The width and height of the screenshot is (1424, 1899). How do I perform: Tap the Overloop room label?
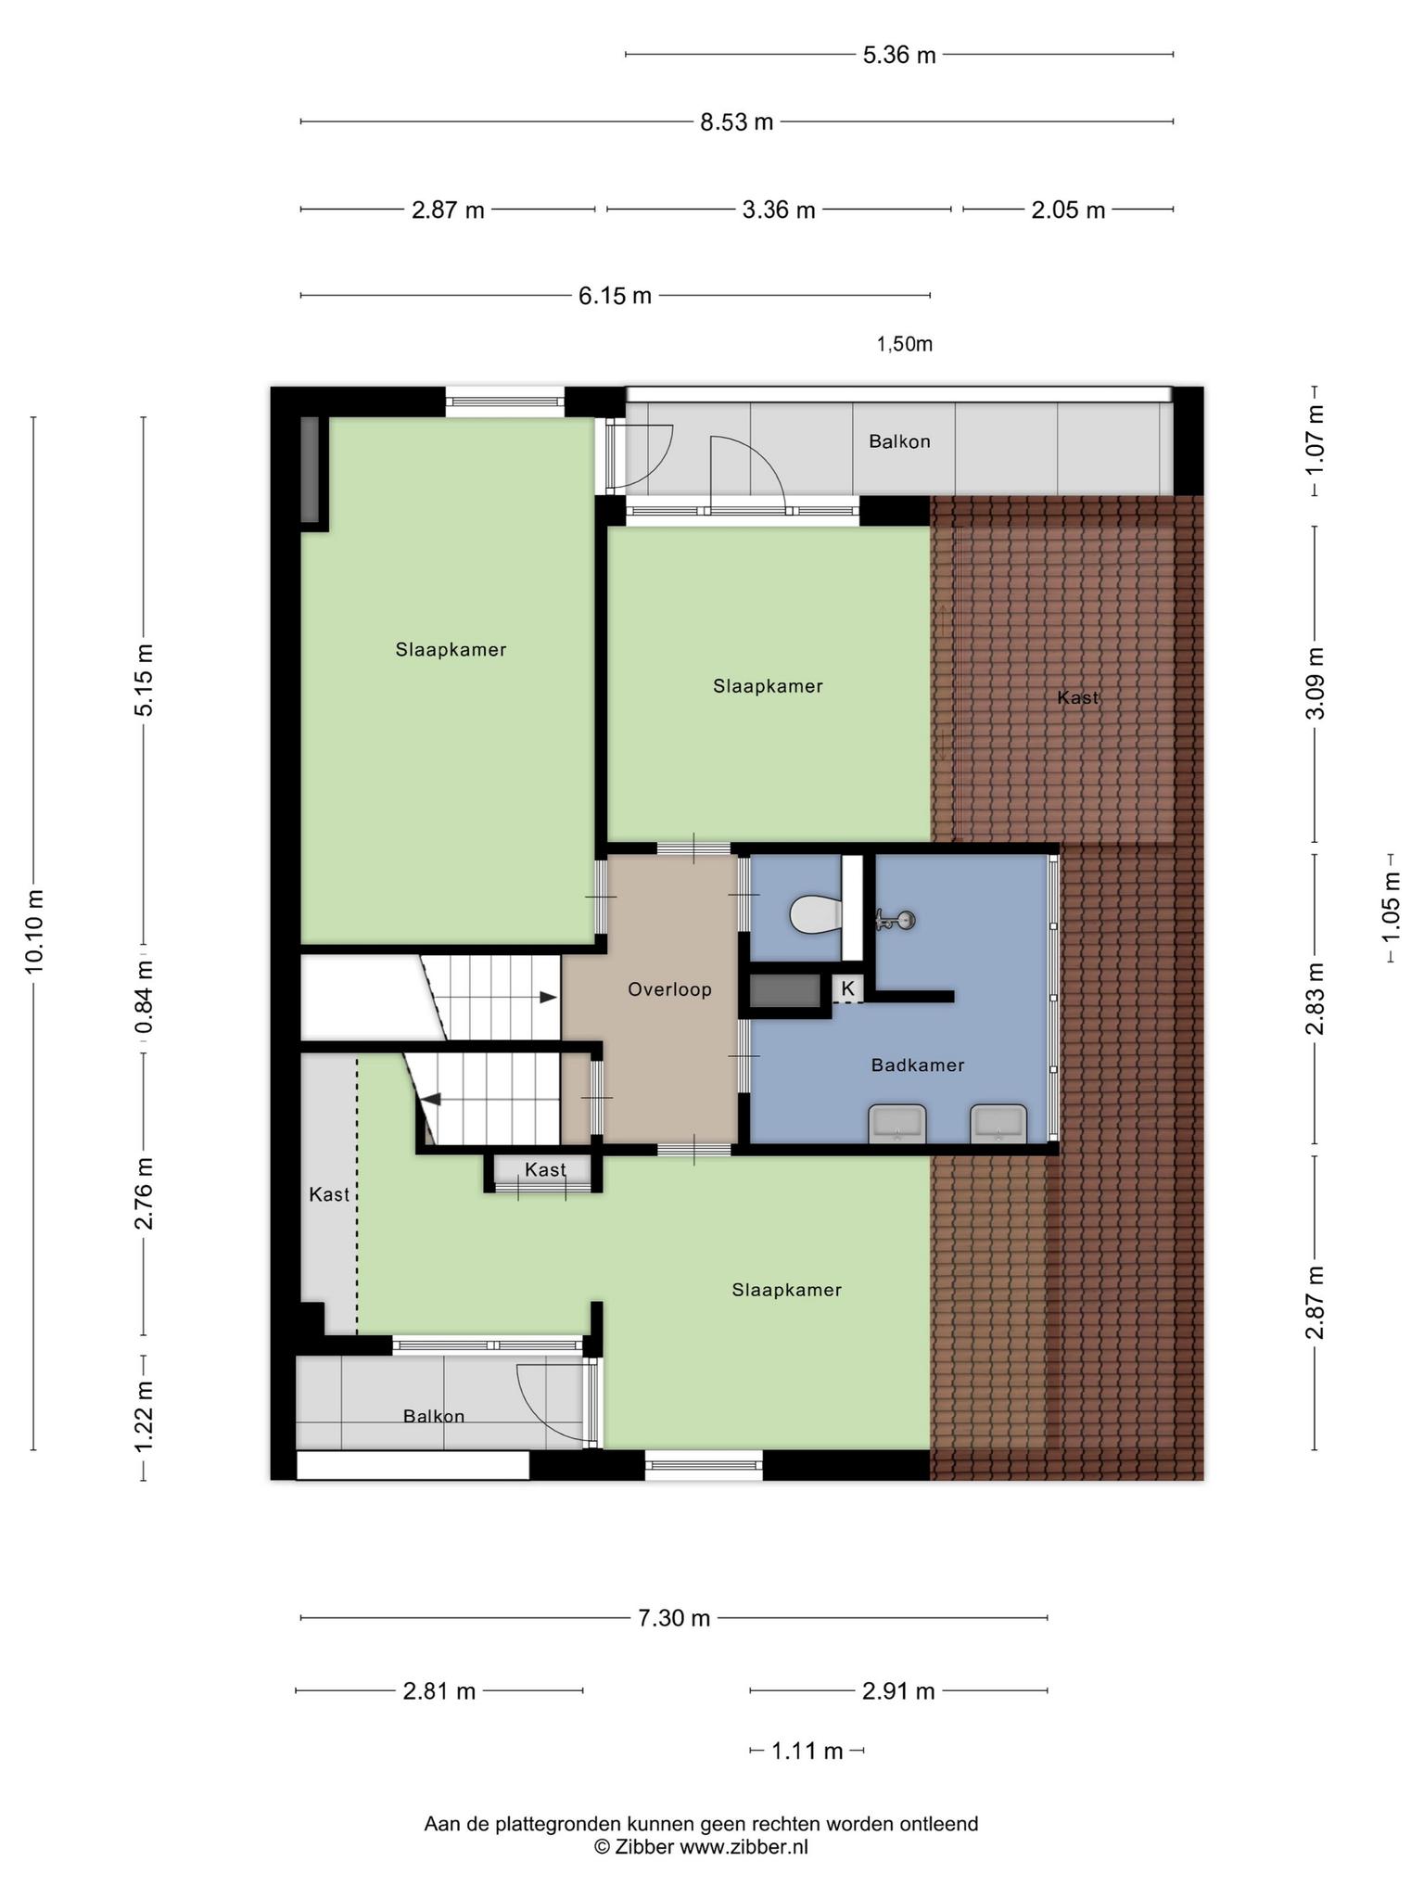click(669, 989)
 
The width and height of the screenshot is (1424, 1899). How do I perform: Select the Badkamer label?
click(918, 1065)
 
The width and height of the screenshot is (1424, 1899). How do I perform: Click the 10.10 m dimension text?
click(34, 931)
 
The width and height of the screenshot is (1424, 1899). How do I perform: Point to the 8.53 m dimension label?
click(737, 122)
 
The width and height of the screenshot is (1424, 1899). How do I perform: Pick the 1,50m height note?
click(905, 345)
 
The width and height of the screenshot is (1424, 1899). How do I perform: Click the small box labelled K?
click(847, 989)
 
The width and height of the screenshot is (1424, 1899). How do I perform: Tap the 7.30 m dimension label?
click(674, 1618)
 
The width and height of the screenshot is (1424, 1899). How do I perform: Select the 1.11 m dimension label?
click(807, 1751)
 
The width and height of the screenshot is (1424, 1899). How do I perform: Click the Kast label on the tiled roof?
click(1077, 697)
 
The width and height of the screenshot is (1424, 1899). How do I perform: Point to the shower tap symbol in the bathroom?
click(896, 920)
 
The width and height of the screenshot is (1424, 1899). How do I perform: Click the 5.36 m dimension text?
click(899, 56)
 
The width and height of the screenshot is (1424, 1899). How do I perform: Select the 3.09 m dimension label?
click(1316, 684)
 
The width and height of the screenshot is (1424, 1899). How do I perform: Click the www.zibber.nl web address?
click(744, 1846)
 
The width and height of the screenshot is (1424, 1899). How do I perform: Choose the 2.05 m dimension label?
click(1068, 210)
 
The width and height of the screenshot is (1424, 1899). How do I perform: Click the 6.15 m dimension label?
click(616, 297)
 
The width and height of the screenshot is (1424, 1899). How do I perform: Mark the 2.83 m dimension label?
click(1316, 999)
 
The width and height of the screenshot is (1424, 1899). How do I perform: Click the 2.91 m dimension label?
click(898, 1691)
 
